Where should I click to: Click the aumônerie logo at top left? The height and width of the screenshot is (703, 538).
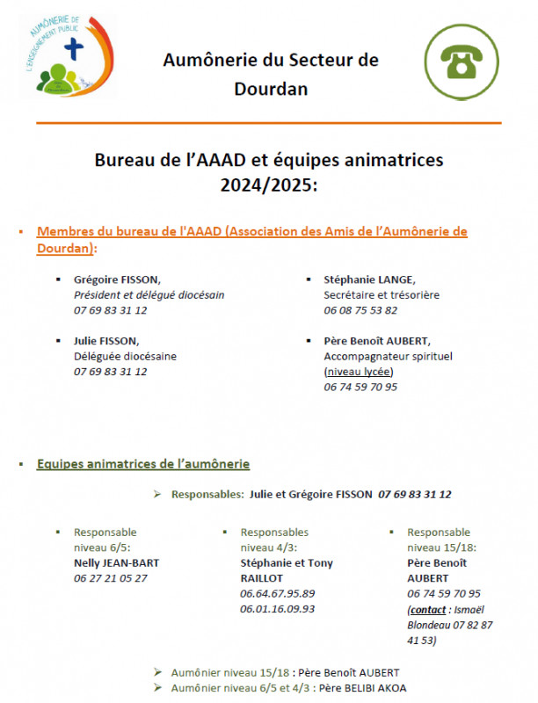[64, 55]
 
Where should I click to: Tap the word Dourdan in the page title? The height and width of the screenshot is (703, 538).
[271, 89]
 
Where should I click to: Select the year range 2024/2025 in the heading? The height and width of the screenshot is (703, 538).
[271, 185]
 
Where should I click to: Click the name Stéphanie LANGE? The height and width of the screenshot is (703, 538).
[357, 279]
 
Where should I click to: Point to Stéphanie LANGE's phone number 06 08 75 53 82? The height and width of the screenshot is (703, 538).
[360, 310]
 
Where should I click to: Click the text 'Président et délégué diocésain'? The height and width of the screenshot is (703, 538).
[149, 294]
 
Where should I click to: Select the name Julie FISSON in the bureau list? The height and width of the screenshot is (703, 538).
[106, 340]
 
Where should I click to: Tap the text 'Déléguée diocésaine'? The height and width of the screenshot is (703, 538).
[125, 356]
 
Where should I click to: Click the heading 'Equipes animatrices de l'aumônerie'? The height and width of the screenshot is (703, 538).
[143, 463]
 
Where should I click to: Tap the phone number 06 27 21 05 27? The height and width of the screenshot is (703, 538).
[111, 578]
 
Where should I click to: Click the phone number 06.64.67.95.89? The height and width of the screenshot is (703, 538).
[277, 593]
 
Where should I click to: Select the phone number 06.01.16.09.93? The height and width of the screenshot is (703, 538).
[277, 608]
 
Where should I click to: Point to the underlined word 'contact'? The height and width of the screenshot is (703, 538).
[428, 609]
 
